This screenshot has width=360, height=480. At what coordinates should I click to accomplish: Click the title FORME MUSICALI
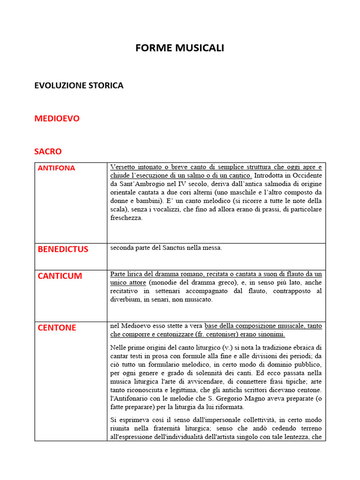tap(180, 48)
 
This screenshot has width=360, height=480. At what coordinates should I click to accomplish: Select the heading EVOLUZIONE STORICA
tap(79, 85)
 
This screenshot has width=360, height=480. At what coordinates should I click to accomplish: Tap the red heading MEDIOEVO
tap(57, 119)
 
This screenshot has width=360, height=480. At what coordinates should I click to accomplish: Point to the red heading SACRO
tap(48, 151)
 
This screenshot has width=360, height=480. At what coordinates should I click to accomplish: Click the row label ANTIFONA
tap(56, 168)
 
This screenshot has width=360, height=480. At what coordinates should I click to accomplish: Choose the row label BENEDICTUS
tap(63, 249)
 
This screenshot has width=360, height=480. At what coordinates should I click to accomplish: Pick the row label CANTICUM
tap(60, 276)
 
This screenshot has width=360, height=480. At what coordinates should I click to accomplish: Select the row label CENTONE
tap(57, 327)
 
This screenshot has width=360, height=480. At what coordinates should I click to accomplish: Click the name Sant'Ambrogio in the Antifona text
tap(139, 184)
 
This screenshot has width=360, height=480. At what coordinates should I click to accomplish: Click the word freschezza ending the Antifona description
tap(126, 218)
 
